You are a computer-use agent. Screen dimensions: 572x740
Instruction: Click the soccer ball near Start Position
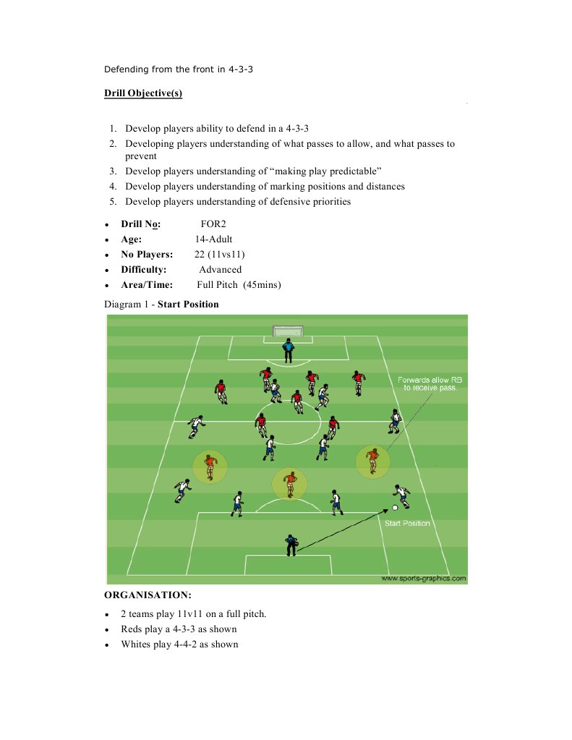click(395, 507)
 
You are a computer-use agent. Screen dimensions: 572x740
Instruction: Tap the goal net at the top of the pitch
click(288, 332)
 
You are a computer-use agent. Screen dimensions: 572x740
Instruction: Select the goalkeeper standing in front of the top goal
click(289, 351)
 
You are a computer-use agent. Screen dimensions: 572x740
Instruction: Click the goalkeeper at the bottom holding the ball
click(291, 545)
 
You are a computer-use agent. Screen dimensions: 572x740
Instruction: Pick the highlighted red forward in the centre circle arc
click(290, 484)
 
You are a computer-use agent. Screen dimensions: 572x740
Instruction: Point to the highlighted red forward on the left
click(210, 467)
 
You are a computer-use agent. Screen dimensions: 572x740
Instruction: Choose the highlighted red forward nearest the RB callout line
click(372, 462)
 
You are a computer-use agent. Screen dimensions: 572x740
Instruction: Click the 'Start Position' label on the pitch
click(407, 523)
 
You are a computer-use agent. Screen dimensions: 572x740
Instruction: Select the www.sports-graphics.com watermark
click(423, 578)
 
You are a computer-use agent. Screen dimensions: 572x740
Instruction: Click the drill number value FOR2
click(214, 224)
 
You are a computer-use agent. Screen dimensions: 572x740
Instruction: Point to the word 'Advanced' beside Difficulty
click(220, 269)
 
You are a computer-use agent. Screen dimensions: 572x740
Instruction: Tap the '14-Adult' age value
click(213, 239)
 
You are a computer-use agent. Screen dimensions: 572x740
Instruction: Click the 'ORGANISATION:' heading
click(148, 595)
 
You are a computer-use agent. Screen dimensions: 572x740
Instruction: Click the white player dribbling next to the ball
click(401, 495)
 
